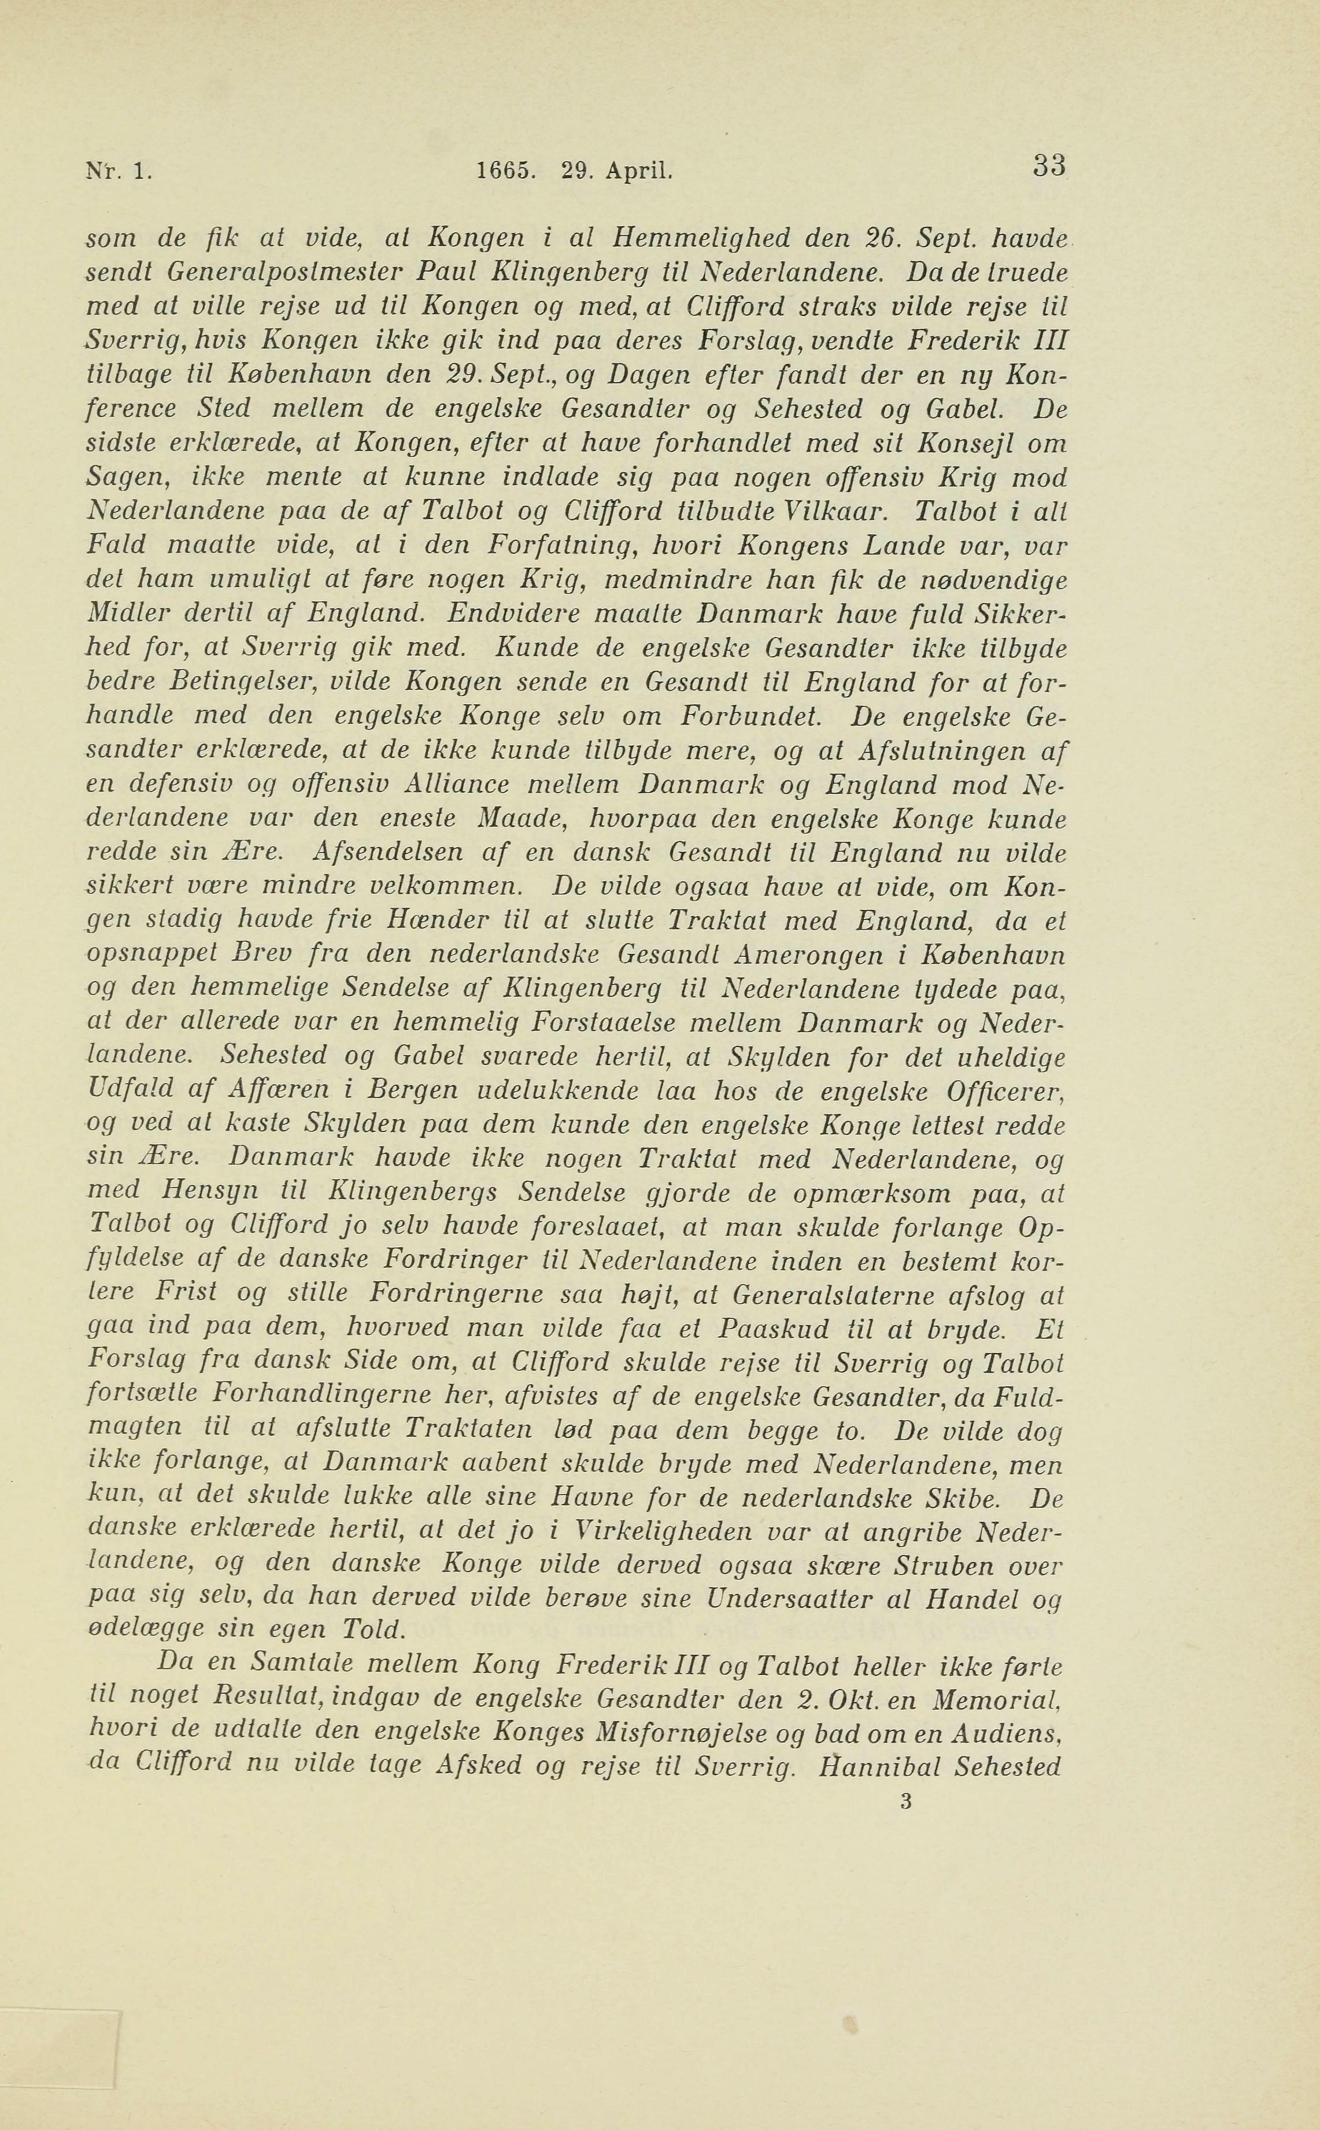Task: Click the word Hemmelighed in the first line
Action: coord(702,238)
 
